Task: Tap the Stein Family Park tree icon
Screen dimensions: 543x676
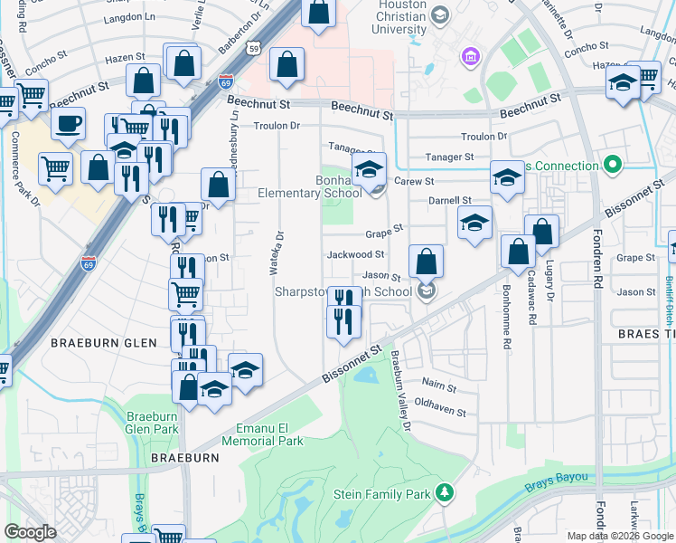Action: tap(444, 492)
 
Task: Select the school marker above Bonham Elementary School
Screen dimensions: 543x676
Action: tap(369, 168)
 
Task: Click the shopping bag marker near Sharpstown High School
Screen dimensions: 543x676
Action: tap(426, 262)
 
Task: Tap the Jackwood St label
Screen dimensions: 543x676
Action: tap(356, 255)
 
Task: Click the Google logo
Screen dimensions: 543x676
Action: tap(30, 531)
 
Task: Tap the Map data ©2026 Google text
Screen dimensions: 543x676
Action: tap(619, 536)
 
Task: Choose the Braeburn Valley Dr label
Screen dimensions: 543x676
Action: tap(400, 389)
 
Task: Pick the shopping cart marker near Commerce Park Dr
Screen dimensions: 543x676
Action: tap(55, 167)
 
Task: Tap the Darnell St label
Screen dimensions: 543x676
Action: tap(450, 200)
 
